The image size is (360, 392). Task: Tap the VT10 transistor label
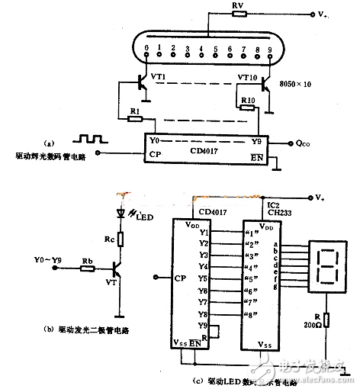click(246, 78)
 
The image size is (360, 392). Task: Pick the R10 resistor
click(246, 108)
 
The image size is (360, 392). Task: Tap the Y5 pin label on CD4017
click(203, 278)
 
